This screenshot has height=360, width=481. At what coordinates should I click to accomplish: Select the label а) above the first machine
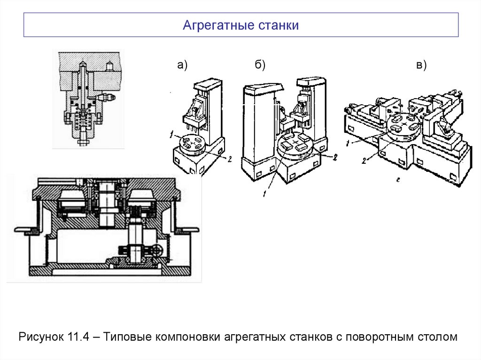182,66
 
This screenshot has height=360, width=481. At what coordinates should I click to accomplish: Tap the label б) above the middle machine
260,66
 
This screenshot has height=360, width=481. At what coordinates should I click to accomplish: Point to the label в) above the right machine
421,66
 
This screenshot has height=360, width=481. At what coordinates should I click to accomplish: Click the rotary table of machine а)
192,143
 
